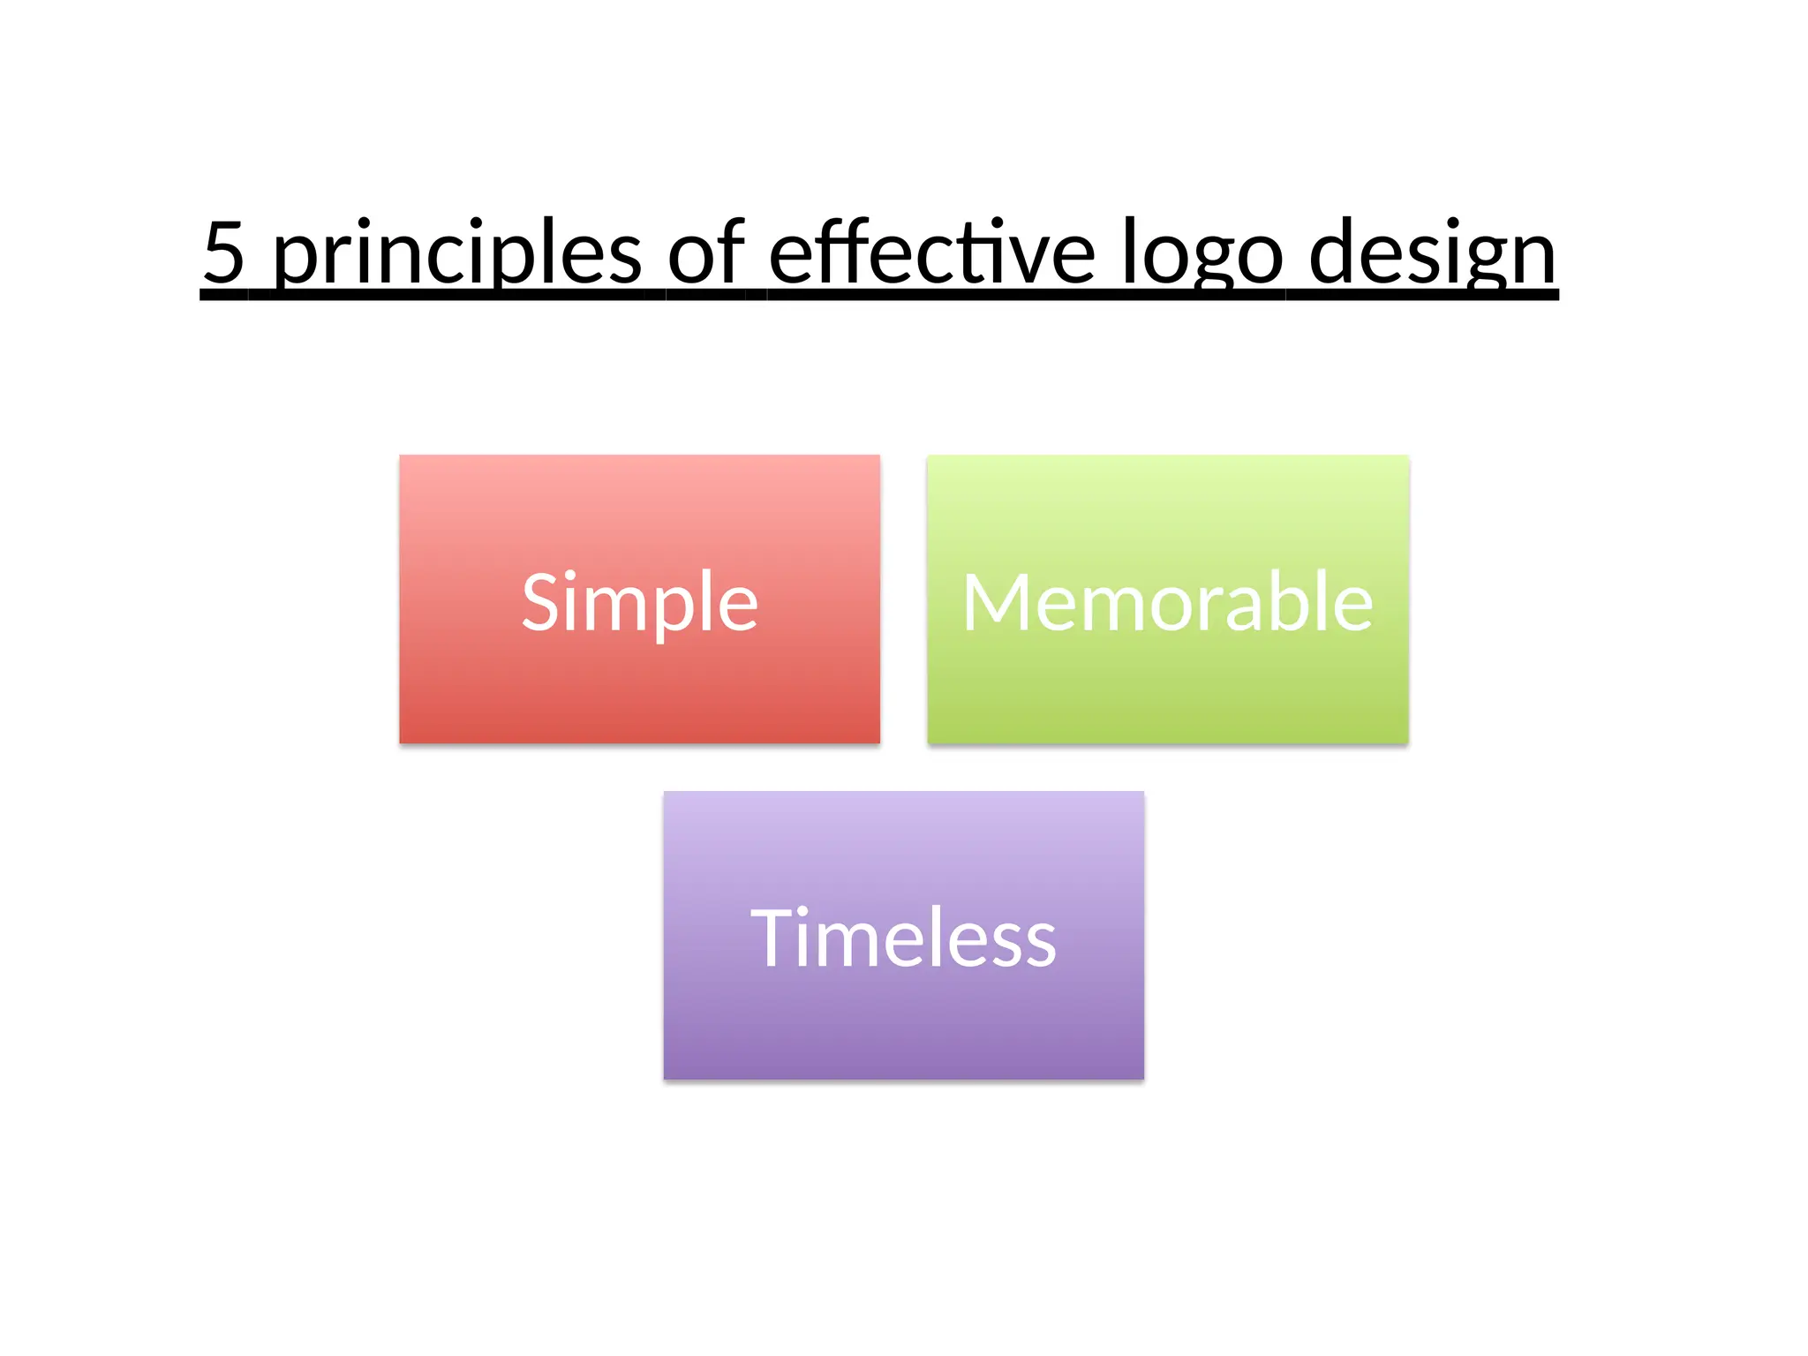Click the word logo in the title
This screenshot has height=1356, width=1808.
pyautogui.click(x=1202, y=256)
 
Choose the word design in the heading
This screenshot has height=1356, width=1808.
pyautogui.click(x=1432, y=256)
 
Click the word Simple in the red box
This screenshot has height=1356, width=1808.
pyautogui.click(x=639, y=603)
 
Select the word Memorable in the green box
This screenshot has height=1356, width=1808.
pyautogui.click(x=1167, y=603)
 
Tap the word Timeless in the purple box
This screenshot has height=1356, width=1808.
pyautogui.click(x=903, y=938)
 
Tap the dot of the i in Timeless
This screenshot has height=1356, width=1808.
pyautogui.click(x=802, y=909)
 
